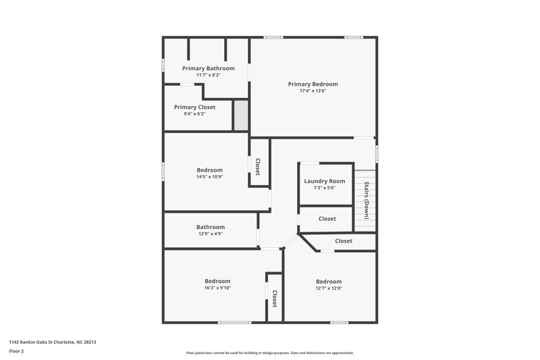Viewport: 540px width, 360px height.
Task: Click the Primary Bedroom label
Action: (313, 84)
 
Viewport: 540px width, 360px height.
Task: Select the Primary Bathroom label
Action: (209, 68)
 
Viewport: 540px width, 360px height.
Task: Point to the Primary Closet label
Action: (194, 107)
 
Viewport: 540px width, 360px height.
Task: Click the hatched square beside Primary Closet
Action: (241, 115)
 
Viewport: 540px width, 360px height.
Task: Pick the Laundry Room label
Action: (325, 181)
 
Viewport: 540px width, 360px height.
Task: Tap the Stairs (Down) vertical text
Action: (367, 201)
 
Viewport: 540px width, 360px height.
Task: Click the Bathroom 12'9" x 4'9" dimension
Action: (211, 234)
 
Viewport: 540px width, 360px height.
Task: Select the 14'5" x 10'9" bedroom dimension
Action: (209, 177)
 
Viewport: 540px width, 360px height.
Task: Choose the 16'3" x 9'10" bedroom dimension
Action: (217, 288)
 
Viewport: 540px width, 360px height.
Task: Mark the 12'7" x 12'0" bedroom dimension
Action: (329, 288)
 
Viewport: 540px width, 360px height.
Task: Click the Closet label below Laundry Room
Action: (327, 219)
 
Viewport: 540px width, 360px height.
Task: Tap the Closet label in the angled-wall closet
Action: (344, 241)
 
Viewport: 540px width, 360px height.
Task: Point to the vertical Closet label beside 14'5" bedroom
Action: (258, 166)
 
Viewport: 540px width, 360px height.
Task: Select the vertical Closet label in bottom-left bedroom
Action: (275, 299)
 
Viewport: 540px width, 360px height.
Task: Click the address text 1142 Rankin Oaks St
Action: (52, 342)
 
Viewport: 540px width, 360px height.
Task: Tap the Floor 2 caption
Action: (16, 351)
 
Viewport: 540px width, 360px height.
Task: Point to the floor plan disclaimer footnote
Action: (269, 353)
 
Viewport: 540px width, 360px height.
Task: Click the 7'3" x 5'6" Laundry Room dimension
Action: (325, 188)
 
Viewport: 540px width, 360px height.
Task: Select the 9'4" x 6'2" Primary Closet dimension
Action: (194, 114)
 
